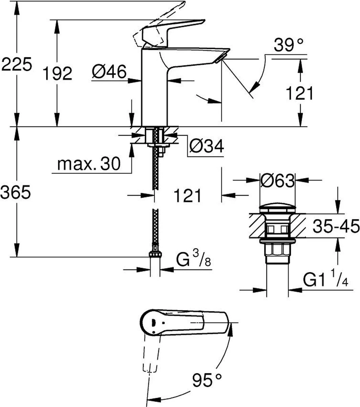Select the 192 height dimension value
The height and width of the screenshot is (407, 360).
pyautogui.click(x=57, y=74)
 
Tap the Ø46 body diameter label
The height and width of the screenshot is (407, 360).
pyautogui.click(x=109, y=72)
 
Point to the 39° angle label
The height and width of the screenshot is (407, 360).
pyautogui.click(x=288, y=45)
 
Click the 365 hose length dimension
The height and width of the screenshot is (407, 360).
pyautogui.click(x=16, y=192)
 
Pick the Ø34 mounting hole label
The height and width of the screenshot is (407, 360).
pyautogui.click(x=206, y=146)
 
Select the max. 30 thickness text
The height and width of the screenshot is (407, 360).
pyautogui.click(x=89, y=164)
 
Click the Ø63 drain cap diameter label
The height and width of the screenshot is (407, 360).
pyautogui.click(x=278, y=180)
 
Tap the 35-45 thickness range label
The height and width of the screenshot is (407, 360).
pyautogui.click(x=336, y=226)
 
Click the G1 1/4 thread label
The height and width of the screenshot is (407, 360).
pyautogui.click(x=325, y=279)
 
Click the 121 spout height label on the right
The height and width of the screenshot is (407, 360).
pyautogui.click(x=299, y=93)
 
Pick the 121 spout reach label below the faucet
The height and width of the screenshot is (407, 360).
pyautogui.click(x=187, y=195)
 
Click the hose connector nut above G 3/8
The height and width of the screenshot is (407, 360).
pyautogui.click(x=155, y=254)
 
